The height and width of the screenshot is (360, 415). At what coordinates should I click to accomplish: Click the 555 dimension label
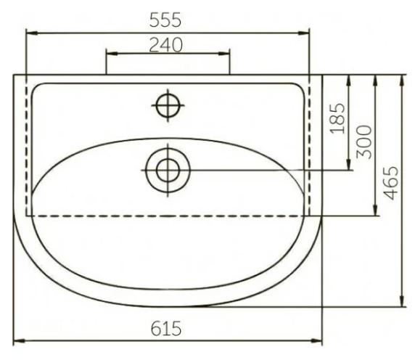tap(165, 20)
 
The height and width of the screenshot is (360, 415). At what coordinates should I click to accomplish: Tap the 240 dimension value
tap(166, 45)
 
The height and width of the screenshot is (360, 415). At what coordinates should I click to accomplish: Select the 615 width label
tap(166, 329)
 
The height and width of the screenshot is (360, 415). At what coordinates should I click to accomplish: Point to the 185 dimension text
tap(338, 118)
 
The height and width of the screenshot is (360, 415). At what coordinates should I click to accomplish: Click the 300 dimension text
tap(364, 142)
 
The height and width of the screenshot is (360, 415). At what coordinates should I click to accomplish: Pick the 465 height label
tap(391, 183)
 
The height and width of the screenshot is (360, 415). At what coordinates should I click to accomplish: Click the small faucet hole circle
tap(168, 106)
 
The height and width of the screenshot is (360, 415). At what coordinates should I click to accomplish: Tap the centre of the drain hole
tap(168, 171)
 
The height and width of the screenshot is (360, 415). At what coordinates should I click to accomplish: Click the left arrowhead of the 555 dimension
tap(32, 33)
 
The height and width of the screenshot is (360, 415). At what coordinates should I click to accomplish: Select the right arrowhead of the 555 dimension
tap(303, 33)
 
